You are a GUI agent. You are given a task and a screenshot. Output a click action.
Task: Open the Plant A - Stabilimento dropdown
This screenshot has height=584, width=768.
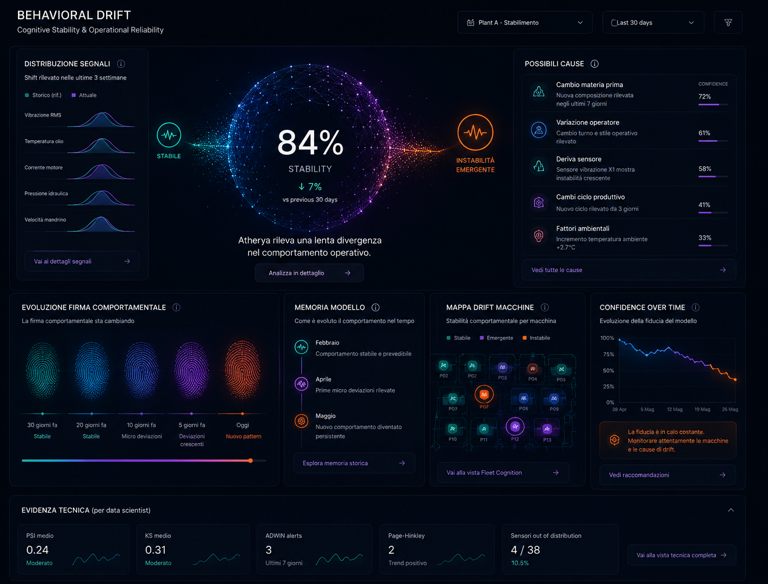[x=525, y=23]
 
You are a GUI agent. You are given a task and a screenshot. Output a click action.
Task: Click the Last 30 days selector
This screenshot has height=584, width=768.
[x=653, y=23]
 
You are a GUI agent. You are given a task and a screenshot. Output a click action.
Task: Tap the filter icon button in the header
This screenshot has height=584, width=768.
[x=728, y=23]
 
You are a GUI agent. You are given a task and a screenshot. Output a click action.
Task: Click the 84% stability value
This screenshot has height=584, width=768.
[x=310, y=143]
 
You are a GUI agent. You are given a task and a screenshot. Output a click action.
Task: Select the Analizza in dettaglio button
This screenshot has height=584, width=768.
[x=310, y=273]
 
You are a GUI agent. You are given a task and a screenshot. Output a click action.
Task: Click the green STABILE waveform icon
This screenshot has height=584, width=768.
[x=169, y=135]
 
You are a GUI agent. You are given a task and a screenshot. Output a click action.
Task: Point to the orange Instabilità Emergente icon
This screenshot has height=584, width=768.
[x=475, y=132]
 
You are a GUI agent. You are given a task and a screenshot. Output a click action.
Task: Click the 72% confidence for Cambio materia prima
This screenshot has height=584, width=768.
[x=704, y=97]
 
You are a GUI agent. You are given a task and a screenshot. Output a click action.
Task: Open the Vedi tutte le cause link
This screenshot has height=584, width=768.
[x=629, y=270]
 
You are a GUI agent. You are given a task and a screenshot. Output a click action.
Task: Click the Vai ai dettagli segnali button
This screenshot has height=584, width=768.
[x=82, y=261]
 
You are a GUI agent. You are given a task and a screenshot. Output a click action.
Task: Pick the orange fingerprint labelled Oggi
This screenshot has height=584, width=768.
[x=242, y=369]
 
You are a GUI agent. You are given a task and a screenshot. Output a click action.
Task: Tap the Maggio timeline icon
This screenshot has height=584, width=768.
[x=301, y=420]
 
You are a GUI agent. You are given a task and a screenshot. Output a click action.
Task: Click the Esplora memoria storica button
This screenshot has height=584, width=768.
[x=354, y=463]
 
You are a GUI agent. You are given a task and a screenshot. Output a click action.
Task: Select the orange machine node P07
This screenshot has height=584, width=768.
[x=484, y=394]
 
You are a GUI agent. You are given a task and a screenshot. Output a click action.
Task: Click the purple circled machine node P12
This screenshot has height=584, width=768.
[x=515, y=426]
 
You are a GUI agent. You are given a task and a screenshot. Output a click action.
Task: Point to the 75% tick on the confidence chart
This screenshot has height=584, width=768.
[x=609, y=354]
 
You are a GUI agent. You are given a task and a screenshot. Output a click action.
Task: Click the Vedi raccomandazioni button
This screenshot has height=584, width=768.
[x=668, y=475]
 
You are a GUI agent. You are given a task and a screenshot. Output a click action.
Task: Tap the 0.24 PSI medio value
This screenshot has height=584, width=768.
[x=38, y=550]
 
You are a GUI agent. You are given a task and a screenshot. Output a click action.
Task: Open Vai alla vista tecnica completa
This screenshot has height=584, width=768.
[x=682, y=555]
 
